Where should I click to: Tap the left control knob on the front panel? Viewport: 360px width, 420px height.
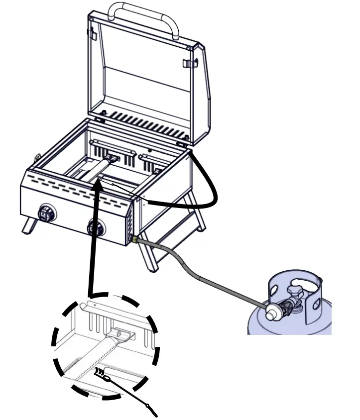pyautogui.click(x=48, y=213)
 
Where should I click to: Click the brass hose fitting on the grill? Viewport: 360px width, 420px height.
pyautogui.click(x=134, y=240)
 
